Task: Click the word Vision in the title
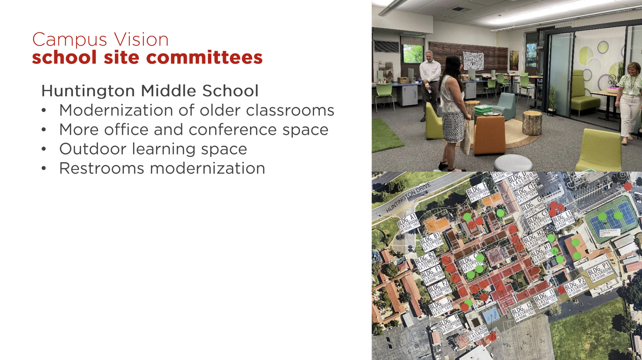[x=141, y=40]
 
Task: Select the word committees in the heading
[x=204, y=58]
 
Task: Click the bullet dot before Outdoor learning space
[x=44, y=149]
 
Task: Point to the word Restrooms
[x=101, y=168]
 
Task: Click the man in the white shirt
[x=430, y=80]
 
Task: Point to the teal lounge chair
[x=505, y=106]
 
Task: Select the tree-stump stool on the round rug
[x=532, y=123]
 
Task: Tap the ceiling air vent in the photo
[x=459, y=9]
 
